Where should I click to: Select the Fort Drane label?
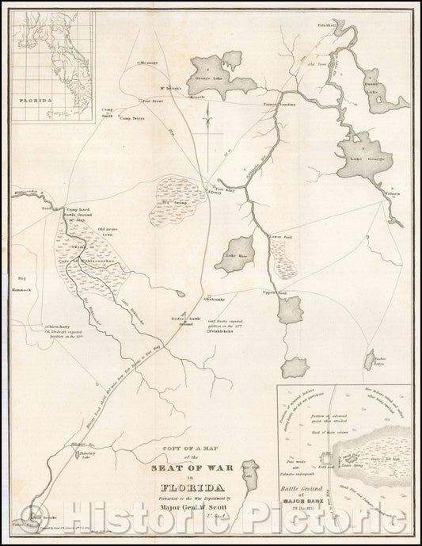pos(152,101)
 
